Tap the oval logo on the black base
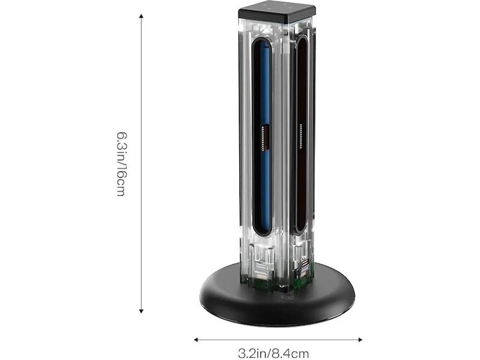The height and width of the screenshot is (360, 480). coord(287,298)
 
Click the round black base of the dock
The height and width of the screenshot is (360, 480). coord(277,302)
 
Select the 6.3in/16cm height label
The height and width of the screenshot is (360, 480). coord(122,164)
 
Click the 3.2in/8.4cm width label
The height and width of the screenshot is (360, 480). coord(274,353)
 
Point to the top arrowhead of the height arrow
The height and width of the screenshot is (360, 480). coord(141,16)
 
